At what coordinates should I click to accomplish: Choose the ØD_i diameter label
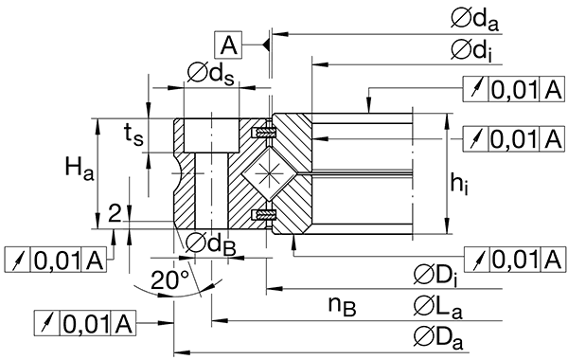click(436, 275)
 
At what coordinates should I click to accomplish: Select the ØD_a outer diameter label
click(437, 334)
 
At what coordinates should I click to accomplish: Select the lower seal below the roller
click(264, 217)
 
